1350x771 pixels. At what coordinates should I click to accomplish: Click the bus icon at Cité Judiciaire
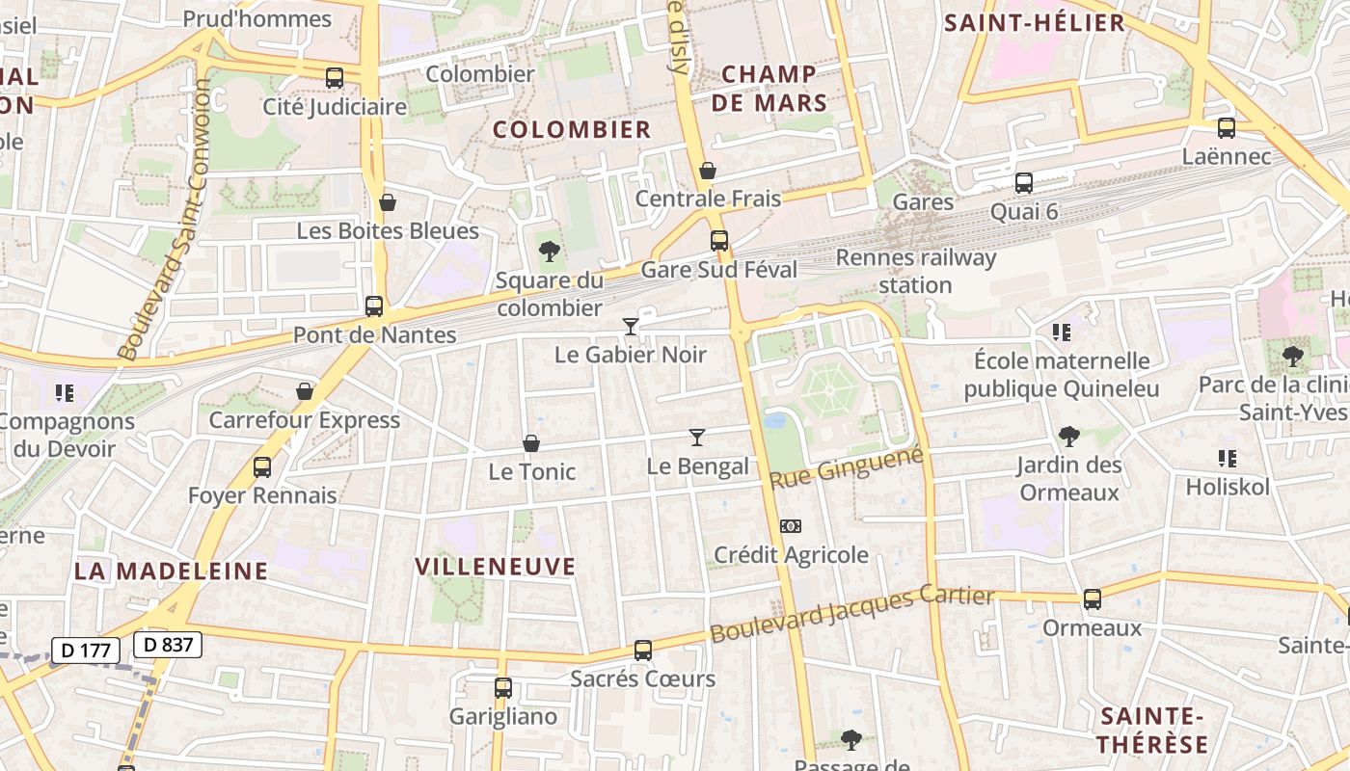tap(335, 78)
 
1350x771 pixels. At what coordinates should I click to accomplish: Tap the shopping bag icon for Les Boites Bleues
tap(388, 202)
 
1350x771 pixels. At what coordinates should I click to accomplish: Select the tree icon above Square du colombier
tap(550, 253)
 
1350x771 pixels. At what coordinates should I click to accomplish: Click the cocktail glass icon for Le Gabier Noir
tap(631, 327)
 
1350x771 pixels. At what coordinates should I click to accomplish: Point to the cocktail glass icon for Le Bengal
tap(697, 438)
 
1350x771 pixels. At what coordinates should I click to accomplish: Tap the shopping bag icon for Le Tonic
tap(530, 443)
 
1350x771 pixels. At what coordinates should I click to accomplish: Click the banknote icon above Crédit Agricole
tap(791, 526)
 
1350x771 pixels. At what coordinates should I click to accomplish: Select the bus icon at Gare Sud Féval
tap(719, 241)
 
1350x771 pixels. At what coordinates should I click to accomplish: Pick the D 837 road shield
tap(168, 645)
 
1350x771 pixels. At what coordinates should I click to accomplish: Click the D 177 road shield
tap(85, 651)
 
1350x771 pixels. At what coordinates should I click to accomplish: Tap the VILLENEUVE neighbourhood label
tap(495, 567)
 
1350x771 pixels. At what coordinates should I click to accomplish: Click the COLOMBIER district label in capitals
tap(572, 129)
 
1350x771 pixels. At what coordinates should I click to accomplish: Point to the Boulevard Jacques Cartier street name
tap(852, 615)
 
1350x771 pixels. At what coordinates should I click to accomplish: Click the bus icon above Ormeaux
tap(1093, 599)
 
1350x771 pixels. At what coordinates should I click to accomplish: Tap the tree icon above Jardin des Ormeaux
tap(1068, 437)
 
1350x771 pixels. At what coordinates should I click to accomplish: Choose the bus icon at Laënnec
tap(1227, 128)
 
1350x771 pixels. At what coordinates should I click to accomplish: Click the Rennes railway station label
tap(915, 271)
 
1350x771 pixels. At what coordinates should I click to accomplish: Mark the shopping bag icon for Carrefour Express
tap(305, 391)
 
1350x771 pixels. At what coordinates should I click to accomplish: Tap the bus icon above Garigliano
tap(503, 688)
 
